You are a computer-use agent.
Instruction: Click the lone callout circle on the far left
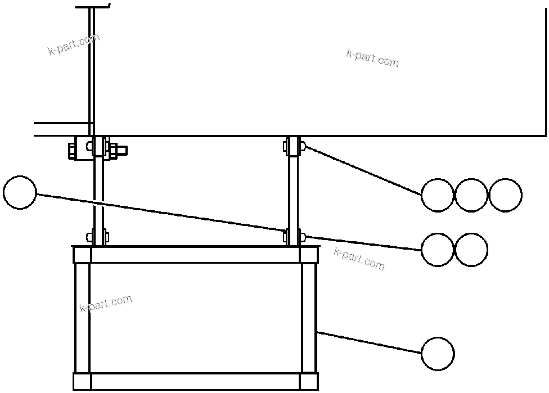pos(20,192)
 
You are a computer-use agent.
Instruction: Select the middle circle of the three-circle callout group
pos(471,195)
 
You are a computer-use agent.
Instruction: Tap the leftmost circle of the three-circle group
pos(438,195)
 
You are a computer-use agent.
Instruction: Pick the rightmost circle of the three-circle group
pos(505,195)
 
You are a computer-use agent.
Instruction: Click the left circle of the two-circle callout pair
pos(438,250)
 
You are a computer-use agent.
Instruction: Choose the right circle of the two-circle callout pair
pos(471,250)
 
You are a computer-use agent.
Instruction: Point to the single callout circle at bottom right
pos(438,354)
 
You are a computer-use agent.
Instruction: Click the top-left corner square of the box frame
pos(82,255)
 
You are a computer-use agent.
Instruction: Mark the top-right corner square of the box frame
pos(309,255)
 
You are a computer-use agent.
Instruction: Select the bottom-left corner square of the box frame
pos(82,381)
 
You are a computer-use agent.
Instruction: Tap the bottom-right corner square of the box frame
pos(309,381)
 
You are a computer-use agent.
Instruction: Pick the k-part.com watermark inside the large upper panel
pos(372,58)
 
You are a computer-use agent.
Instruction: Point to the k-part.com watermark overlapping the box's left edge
pos(106,304)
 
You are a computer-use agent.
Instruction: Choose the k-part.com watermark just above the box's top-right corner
pos(359,258)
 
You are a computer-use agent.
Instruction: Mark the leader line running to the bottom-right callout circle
pos(368,342)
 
